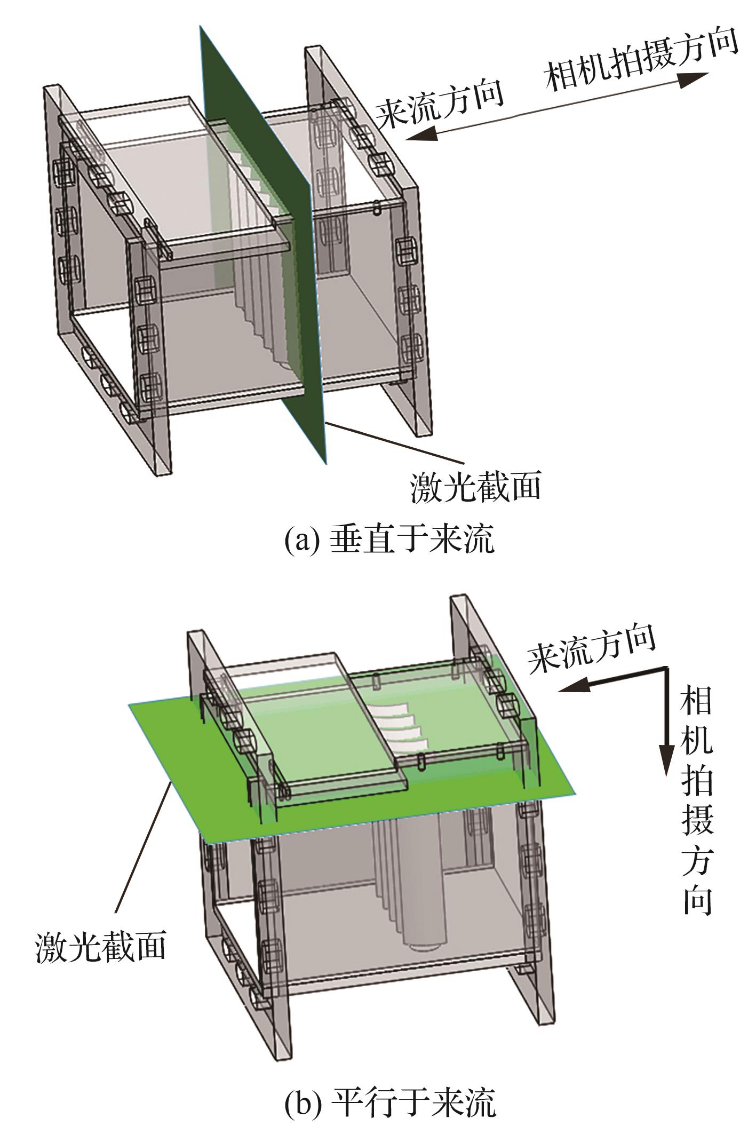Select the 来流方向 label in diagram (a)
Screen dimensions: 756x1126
click(440, 102)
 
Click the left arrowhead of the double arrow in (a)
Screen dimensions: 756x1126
click(421, 134)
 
